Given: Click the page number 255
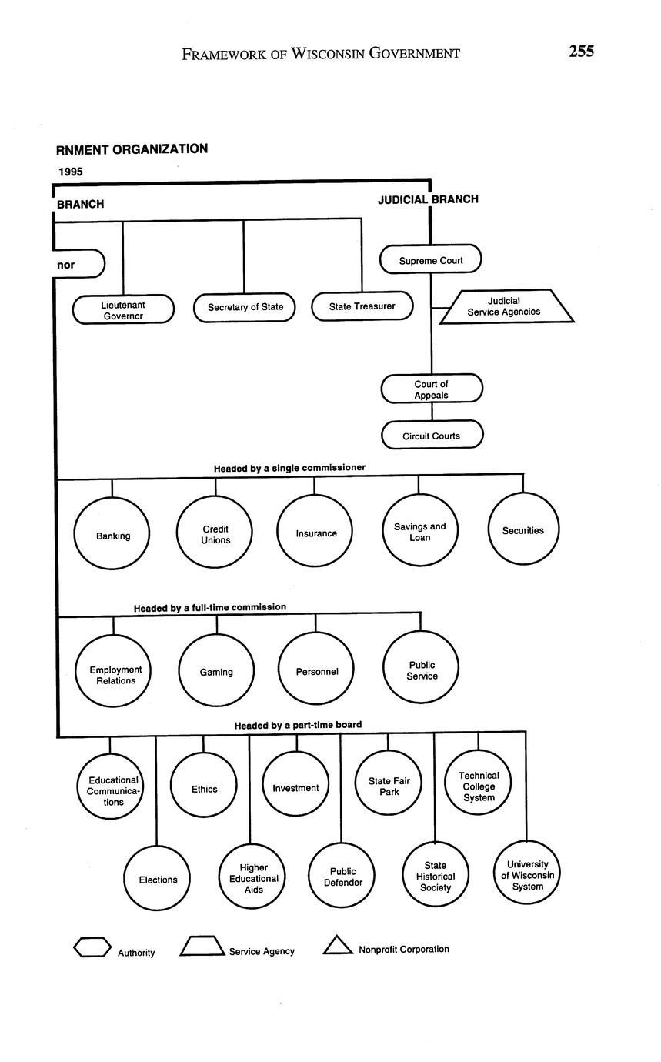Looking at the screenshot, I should pos(581,52).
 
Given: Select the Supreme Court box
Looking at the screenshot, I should pos(431,259).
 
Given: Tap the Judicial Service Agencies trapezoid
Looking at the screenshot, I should pos(506,306).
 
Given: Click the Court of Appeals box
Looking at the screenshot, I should pos(432,389).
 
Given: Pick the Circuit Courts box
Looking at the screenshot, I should pos(432,435).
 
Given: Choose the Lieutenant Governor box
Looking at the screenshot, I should pos(123,309).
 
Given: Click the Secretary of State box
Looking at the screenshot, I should pos(245,307).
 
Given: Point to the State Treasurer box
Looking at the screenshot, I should pos(362,306).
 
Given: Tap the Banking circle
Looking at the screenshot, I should pos(112,534).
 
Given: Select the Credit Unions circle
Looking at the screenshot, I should pos(215,533).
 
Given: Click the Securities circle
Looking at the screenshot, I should pos(523,529).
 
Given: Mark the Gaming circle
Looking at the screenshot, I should pos(216,671).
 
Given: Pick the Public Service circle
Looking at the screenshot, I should pos(421,669).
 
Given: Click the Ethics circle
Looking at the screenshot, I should pos(204,787).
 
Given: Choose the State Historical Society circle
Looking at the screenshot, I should pos(436,875).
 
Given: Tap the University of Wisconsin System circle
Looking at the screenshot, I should pos(527,873).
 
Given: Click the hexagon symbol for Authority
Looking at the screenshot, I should pos(92,947).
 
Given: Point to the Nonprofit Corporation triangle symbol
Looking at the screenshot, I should pos(338,946).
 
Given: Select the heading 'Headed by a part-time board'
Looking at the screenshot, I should pos(298,725).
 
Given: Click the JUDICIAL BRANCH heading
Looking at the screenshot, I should pos(428,199).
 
